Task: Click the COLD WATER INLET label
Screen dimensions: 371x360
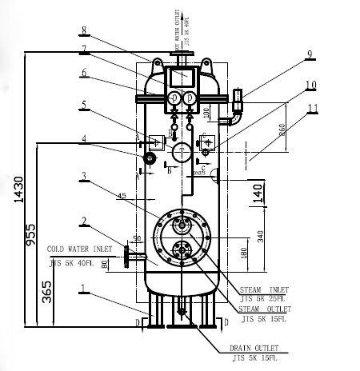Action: pyautogui.click(x=81, y=249)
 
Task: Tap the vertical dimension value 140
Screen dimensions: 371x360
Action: pyautogui.click(x=257, y=193)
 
